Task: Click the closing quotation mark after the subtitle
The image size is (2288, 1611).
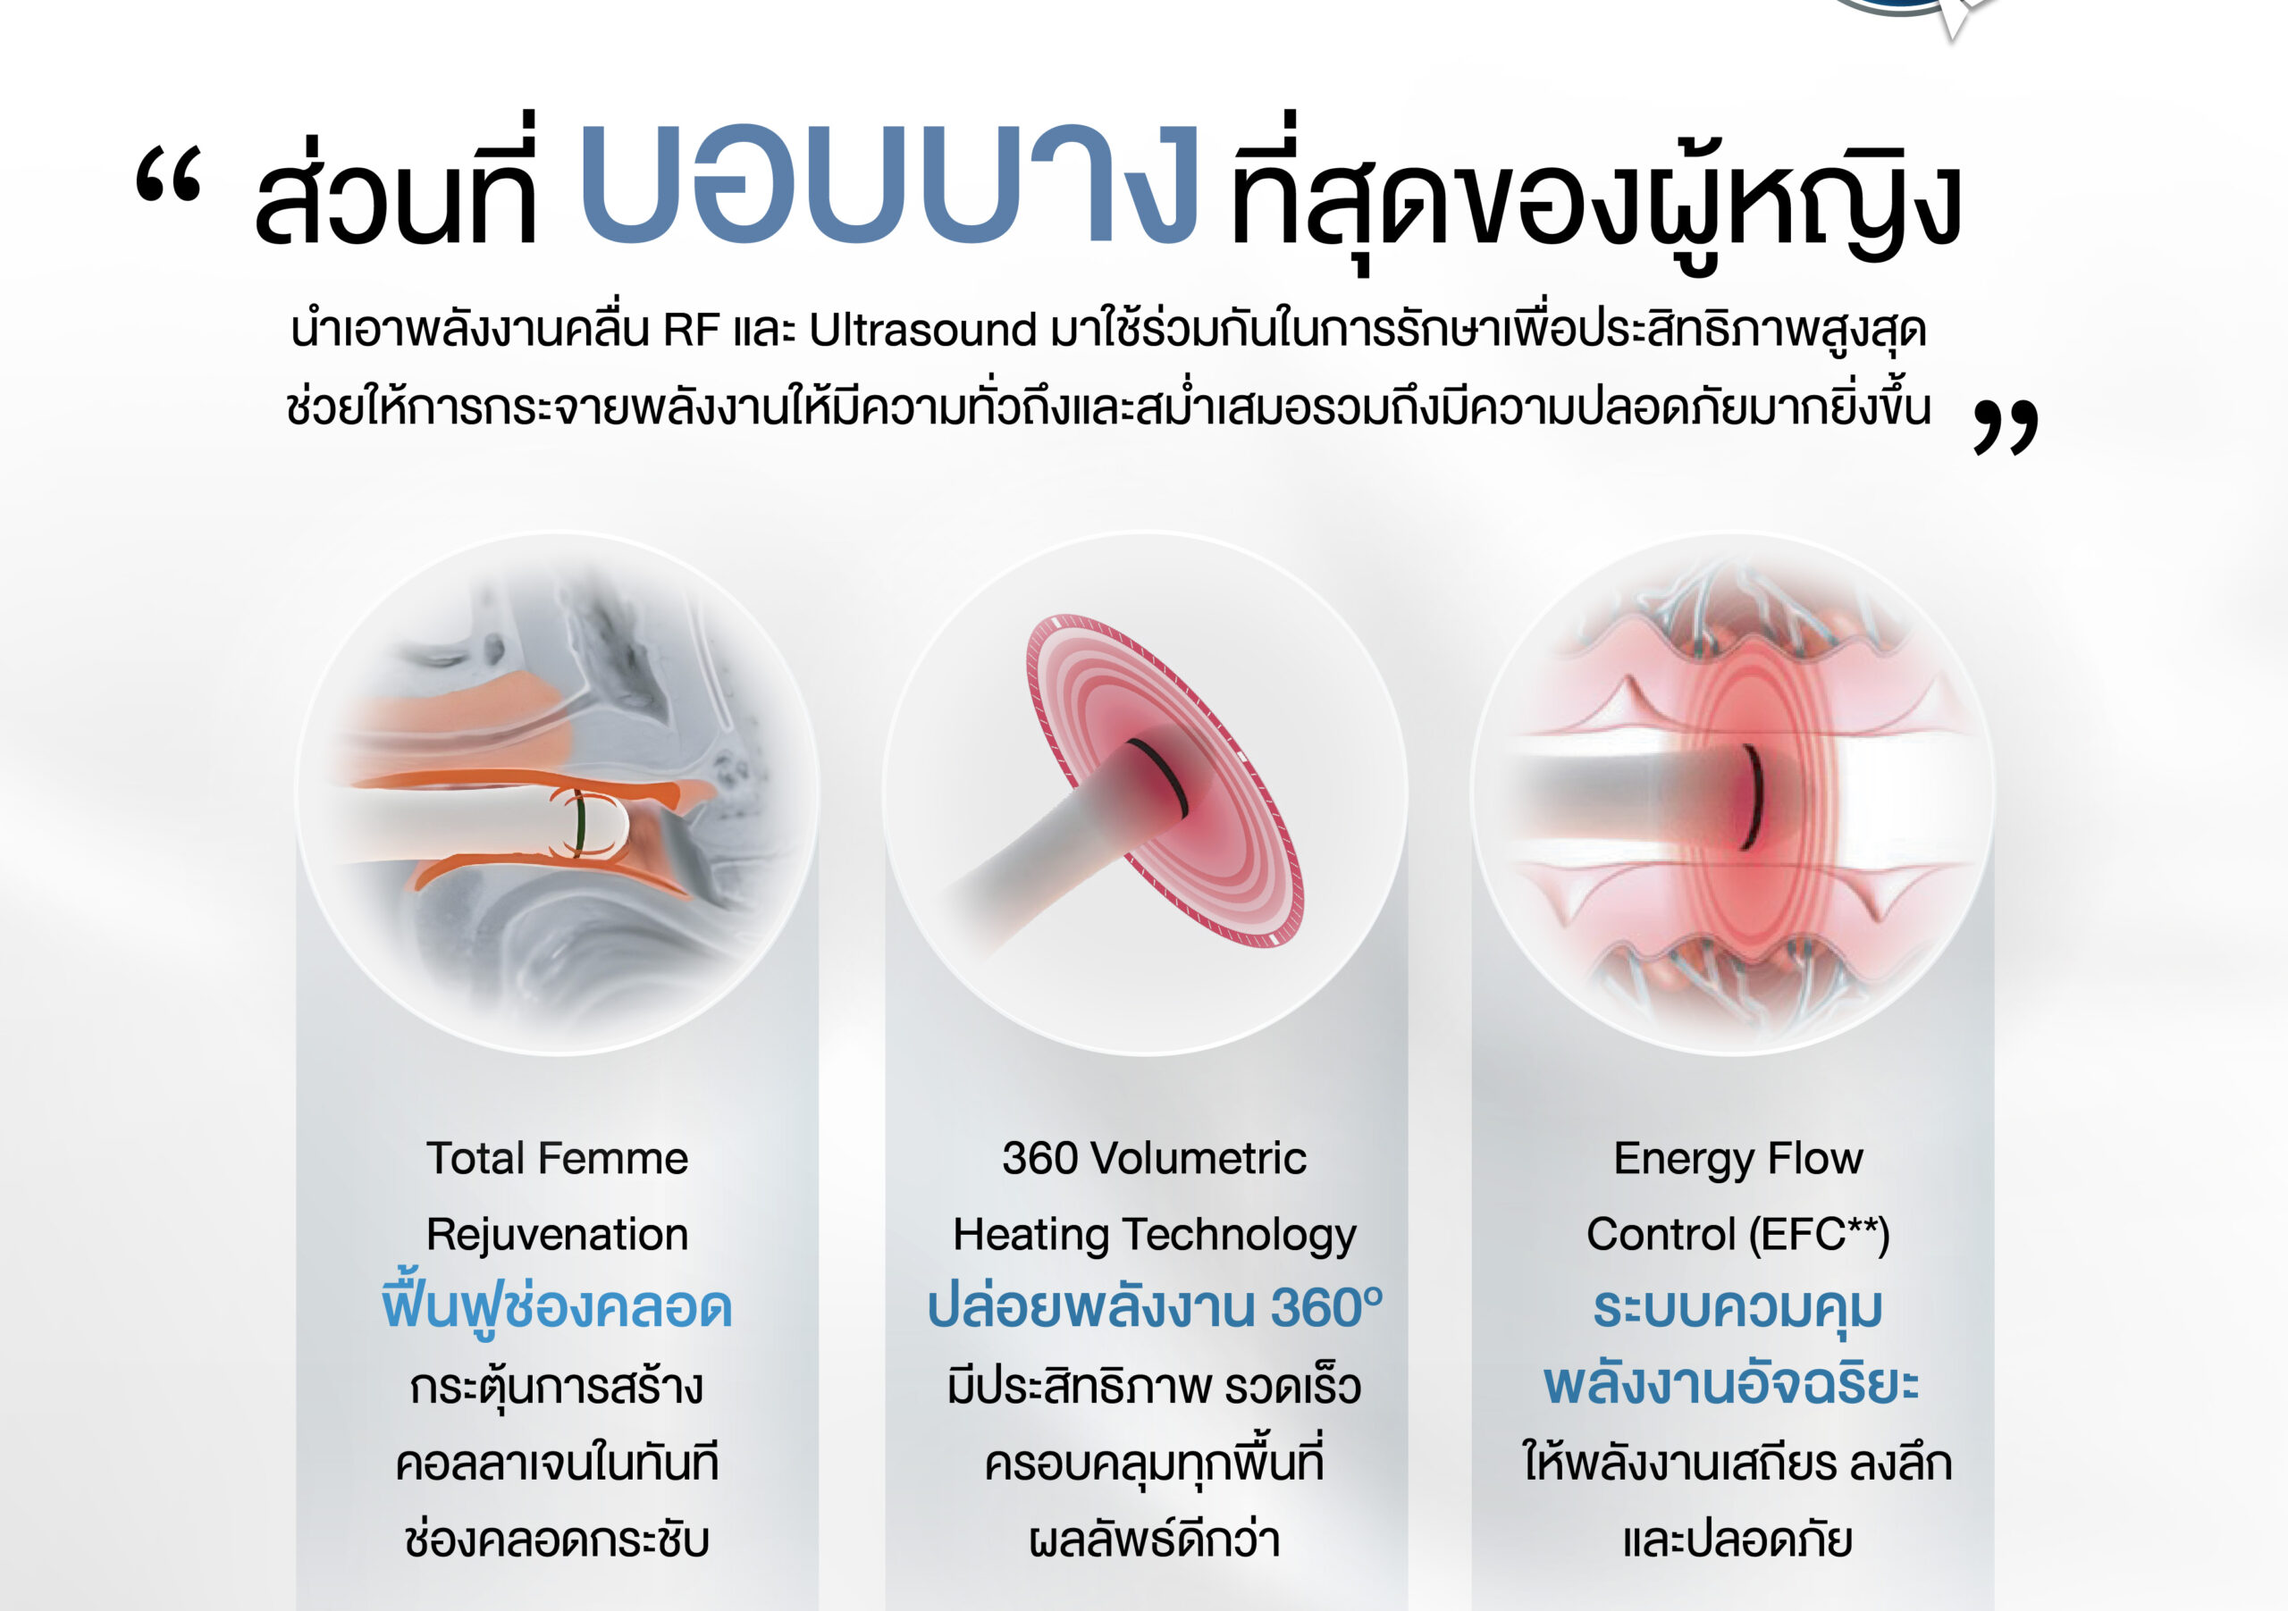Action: pos(2005,428)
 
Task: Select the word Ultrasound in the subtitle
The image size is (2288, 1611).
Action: pos(922,331)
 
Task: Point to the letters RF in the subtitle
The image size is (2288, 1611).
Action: pos(691,331)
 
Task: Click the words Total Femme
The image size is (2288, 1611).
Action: pos(557,1159)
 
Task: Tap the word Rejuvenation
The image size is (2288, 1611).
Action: pos(557,1236)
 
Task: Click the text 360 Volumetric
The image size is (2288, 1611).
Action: pos(1154,1159)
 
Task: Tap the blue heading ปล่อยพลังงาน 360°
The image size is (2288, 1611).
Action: pos(1154,1307)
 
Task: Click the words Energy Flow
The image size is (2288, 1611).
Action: pos(1738,1160)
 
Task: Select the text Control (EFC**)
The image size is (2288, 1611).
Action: pos(1738,1236)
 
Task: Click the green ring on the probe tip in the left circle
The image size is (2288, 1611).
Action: pos(579,823)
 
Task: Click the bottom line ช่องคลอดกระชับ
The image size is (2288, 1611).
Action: pos(557,1540)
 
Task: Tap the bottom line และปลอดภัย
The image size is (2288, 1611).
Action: pos(1738,1540)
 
